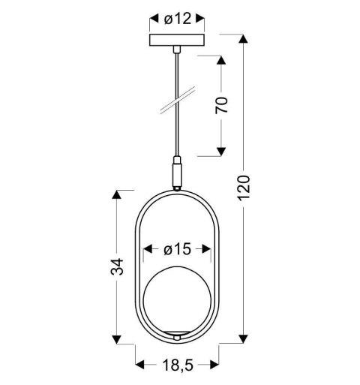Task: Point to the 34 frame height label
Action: [x=117, y=267]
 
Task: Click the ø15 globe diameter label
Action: [x=178, y=248]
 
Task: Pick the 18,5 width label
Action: [x=177, y=365]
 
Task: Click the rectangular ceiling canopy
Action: [x=177, y=41]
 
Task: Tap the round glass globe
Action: [x=177, y=298]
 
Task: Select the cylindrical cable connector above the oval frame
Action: [x=177, y=173]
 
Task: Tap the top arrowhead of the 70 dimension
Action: [x=221, y=59]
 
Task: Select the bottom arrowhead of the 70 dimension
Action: [x=221, y=152]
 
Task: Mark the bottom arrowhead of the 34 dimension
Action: [x=117, y=340]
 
